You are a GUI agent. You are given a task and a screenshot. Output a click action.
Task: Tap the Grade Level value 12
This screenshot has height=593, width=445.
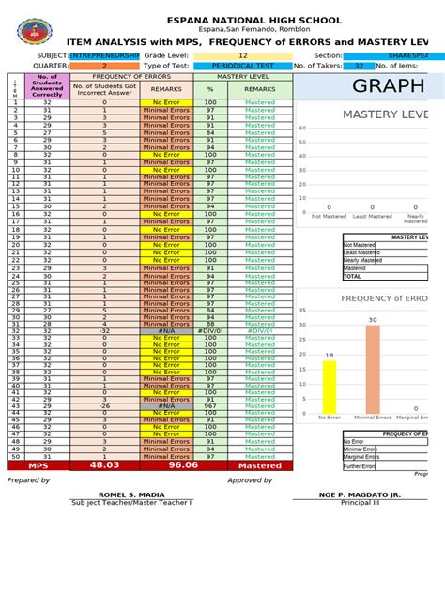click(243, 55)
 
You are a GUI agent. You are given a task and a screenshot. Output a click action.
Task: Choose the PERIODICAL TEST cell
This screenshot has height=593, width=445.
click(243, 66)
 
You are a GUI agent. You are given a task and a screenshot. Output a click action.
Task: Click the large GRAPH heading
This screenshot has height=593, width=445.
click(388, 87)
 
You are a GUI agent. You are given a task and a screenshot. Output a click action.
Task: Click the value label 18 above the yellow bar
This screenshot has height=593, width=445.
click(329, 356)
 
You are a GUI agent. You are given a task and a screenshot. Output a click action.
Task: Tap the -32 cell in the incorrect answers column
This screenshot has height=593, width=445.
click(104, 331)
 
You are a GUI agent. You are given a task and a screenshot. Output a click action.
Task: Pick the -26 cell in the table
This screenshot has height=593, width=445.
click(104, 405)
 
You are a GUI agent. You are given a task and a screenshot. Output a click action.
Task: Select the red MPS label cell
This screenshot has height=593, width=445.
click(38, 464)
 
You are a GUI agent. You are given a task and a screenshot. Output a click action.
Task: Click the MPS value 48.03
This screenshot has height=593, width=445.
click(104, 464)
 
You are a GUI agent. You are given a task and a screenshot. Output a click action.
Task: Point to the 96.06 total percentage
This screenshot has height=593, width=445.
click(210, 464)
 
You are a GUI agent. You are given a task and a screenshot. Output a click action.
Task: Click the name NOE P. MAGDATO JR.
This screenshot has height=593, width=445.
click(355, 494)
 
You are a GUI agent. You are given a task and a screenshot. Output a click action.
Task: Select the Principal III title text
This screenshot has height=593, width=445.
click(355, 502)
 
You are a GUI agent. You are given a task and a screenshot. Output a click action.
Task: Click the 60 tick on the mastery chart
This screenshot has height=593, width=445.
click(303, 129)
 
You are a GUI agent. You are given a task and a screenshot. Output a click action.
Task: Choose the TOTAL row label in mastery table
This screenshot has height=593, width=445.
click(353, 277)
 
